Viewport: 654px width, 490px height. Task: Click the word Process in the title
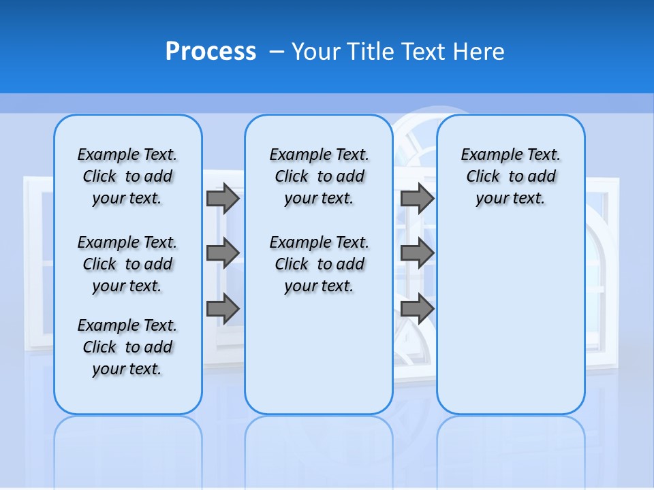click(211, 51)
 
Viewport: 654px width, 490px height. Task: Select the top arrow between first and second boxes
click(222, 198)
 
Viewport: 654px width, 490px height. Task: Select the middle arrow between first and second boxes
click(222, 253)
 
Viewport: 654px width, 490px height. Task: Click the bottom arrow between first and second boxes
click(222, 309)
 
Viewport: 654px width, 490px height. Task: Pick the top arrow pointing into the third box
click(417, 198)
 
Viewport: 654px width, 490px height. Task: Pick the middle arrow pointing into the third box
click(417, 253)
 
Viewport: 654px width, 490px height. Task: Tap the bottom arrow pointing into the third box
click(417, 309)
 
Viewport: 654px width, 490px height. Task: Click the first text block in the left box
click(127, 176)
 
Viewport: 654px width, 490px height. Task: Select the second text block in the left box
click(127, 264)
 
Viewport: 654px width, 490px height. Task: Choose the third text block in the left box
click(127, 347)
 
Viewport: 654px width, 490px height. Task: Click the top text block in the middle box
click(319, 176)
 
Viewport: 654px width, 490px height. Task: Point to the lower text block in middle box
click(319, 264)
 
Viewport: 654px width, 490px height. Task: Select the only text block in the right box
click(510, 176)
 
